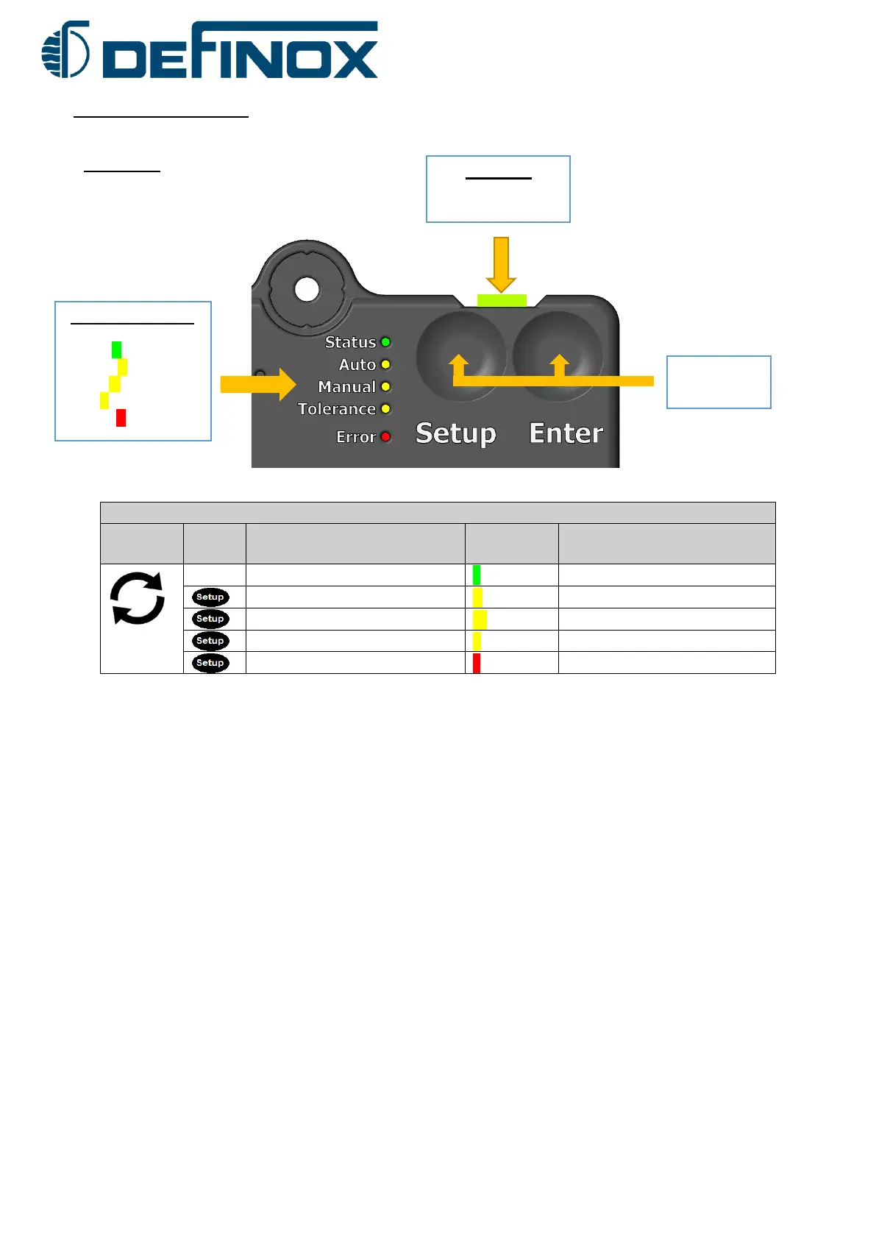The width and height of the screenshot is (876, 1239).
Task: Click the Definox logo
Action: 210,50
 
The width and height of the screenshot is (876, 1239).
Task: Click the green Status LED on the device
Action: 385,342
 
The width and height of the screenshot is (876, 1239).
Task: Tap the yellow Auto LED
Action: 385,364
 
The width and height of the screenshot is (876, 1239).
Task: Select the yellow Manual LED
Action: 385,386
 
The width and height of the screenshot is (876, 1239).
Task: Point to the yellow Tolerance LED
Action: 385,408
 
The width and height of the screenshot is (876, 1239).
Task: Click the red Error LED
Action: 385,436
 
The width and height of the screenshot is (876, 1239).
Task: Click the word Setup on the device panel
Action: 455,433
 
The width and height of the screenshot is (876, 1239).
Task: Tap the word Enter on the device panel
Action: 566,433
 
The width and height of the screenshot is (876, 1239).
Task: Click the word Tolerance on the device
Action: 336,409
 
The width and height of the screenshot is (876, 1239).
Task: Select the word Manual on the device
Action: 346,387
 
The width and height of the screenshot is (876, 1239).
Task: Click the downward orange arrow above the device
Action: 501,264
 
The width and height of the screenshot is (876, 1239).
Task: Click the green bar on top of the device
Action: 502,300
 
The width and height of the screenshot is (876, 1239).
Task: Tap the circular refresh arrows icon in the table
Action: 138,599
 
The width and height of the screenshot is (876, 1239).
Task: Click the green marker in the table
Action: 477,575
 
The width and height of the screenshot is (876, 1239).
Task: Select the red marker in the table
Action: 477,663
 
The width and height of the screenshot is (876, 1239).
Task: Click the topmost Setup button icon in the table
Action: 210,597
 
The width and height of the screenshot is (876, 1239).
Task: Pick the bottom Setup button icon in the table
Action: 210,663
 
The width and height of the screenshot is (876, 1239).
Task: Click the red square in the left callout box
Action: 121,418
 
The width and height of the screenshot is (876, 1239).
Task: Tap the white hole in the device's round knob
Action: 307,289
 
